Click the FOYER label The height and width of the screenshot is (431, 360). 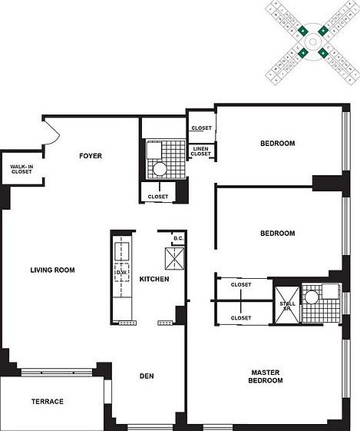click(91, 156)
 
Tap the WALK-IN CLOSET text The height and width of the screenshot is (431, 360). click(21, 168)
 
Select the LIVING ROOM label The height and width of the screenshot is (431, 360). click(52, 270)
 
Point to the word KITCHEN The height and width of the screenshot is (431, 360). click(154, 279)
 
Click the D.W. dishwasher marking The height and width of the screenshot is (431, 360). click(121, 273)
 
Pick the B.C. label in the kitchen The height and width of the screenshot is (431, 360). click(178, 239)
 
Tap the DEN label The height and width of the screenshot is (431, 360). click(147, 376)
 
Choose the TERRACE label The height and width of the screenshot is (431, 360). click(47, 402)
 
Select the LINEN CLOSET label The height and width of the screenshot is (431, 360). click(201, 151)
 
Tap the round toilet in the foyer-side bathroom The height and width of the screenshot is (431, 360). click(160, 170)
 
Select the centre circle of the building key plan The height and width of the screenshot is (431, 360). click(314, 41)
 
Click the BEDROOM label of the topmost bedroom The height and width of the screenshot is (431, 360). click(277, 144)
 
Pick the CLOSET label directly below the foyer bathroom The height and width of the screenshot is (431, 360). click(159, 197)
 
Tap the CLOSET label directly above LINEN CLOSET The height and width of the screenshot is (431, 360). click(202, 128)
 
